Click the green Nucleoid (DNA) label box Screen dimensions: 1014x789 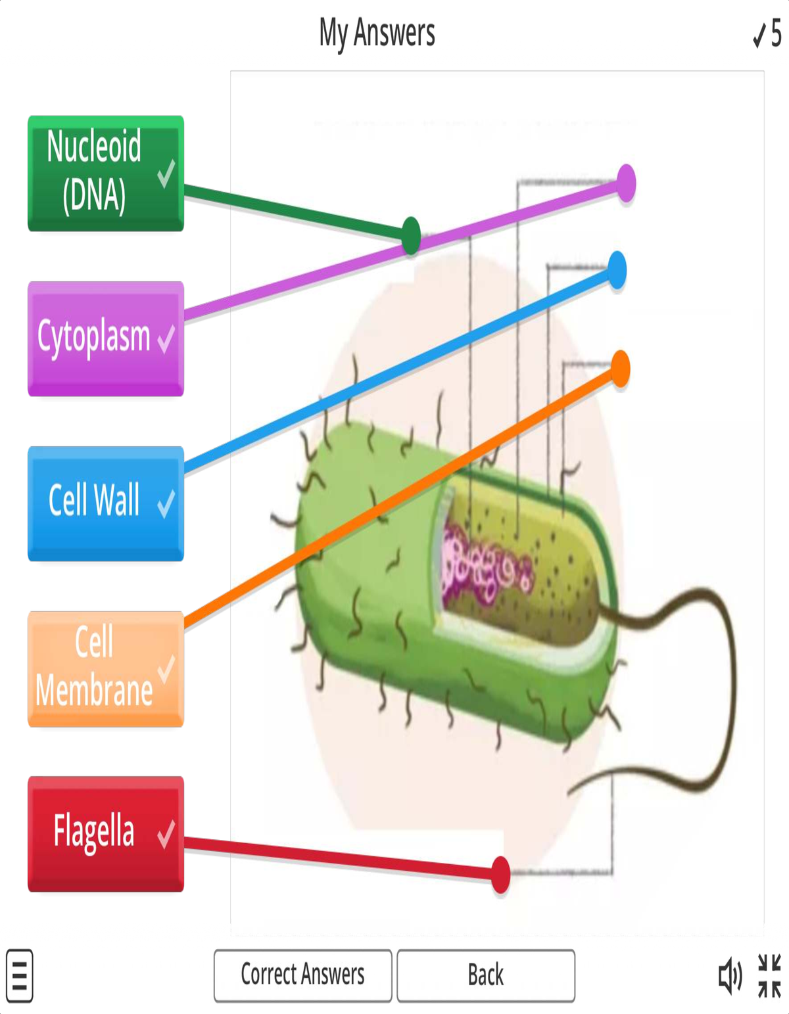pos(105,173)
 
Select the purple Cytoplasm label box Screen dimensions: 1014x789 pos(105,338)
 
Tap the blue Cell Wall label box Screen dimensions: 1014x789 pos(105,503)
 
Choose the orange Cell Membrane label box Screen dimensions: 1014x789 pos(105,668)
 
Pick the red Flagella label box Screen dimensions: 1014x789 pos(105,833)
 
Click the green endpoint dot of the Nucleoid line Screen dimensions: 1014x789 pos(411,235)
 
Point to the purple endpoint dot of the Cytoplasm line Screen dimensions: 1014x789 pos(626,183)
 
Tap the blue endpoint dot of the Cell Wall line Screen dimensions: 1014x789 pos(617,270)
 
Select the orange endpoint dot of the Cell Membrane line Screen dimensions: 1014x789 pos(620,369)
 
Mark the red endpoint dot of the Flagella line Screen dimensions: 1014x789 pos(500,875)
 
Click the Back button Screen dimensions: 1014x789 pos(486,975)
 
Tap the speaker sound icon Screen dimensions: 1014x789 pos(730,976)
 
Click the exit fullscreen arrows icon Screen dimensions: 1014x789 pos(769,976)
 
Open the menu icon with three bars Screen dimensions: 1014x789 pos(20,976)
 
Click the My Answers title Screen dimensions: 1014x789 pos(377,33)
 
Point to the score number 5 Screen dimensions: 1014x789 pos(776,34)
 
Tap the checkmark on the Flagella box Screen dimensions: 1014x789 pos(166,833)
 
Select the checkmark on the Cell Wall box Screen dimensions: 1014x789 pos(166,503)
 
